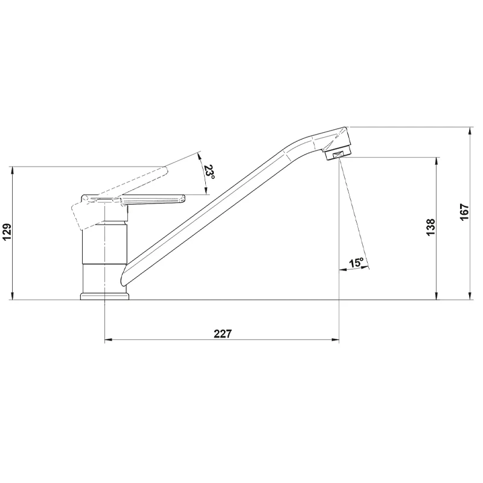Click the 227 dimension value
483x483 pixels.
tap(222, 334)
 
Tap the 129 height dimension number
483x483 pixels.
tap(7, 232)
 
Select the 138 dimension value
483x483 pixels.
tap(430, 227)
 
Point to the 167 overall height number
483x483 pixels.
tap(464, 212)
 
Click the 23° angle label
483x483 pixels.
tap(209, 173)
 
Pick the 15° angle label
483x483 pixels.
tap(356, 263)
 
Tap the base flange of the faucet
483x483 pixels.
tap(104, 296)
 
